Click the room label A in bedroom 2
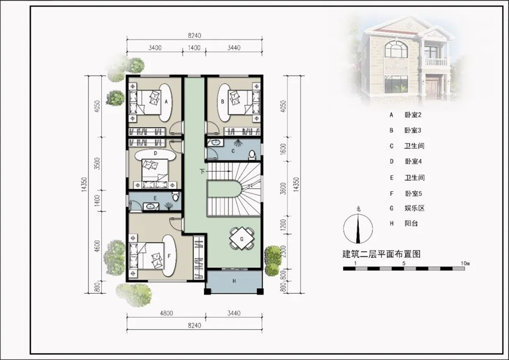click(166, 102)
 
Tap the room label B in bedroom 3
click(223, 101)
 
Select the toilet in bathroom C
click(252, 155)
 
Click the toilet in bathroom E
click(176, 196)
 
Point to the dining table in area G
click(241, 239)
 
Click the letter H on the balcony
click(234, 281)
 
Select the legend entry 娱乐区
click(415, 208)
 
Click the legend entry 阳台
click(411, 224)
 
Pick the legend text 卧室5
click(413, 194)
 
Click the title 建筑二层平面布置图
click(381, 254)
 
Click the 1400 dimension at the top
click(194, 48)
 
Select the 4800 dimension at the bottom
click(166, 314)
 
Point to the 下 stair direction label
click(202, 172)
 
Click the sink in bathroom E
click(150, 206)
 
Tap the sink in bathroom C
click(214, 142)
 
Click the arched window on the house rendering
click(396, 49)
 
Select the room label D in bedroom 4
click(156, 153)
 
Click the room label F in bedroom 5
click(169, 256)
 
